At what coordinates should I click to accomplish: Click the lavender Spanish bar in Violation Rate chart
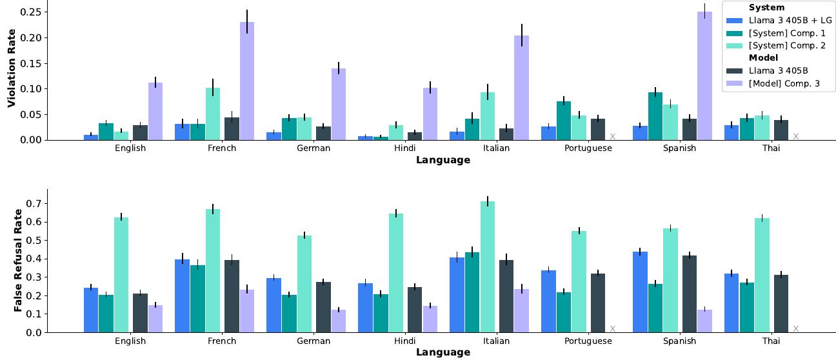[x=704, y=75]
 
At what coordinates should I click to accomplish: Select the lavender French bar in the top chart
[x=247, y=81]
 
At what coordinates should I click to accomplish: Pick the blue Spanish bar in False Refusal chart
[x=641, y=292]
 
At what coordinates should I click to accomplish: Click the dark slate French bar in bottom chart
[x=232, y=296]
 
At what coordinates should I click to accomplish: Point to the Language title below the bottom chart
[x=443, y=353]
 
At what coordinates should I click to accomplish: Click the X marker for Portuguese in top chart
[x=612, y=136]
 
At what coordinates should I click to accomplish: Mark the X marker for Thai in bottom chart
[x=795, y=329]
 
